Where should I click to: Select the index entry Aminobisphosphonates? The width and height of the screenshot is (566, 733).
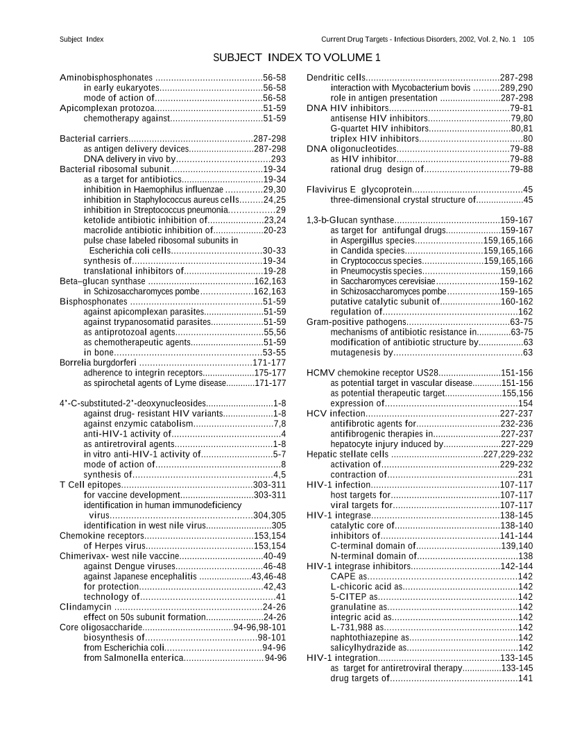(106, 77)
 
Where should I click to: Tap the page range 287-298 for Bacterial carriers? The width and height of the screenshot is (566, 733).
(270, 139)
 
